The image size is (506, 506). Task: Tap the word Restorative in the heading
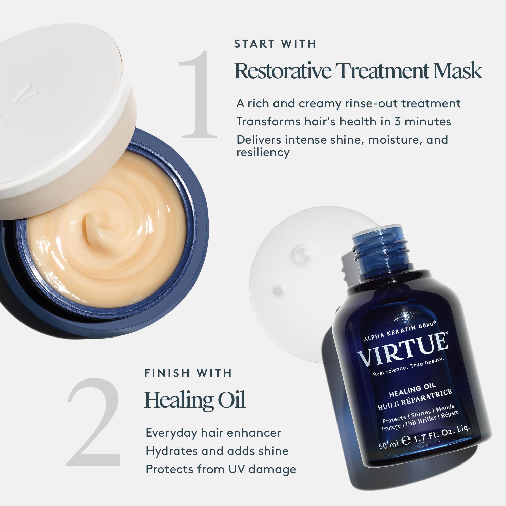[283, 71]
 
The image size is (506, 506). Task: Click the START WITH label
[275, 44]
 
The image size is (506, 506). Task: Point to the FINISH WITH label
[188, 373]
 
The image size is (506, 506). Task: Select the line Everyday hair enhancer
[213, 433]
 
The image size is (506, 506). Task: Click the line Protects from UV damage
[221, 469]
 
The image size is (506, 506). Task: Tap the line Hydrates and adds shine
[217, 451]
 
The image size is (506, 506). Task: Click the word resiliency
[263, 152]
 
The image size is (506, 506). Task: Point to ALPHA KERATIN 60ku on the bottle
[400, 331]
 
